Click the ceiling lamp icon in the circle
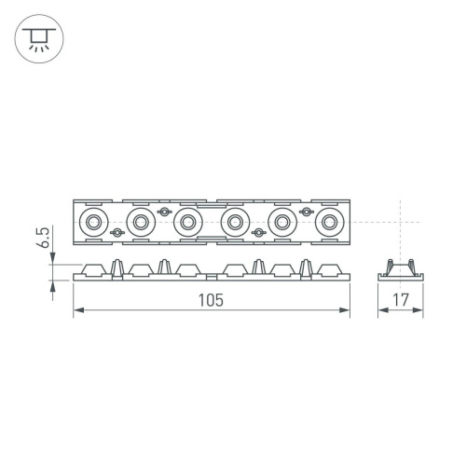tap(36, 36)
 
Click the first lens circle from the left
tap(94, 223)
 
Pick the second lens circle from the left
tap(141, 223)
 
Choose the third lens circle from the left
tap(188, 223)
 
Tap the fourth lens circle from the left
tap(235, 223)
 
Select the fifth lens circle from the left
tap(281, 223)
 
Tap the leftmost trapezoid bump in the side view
tap(94, 270)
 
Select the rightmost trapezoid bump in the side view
tap(328, 270)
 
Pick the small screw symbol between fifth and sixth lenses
tap(305, 213)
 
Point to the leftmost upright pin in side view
tap(117, 267)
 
